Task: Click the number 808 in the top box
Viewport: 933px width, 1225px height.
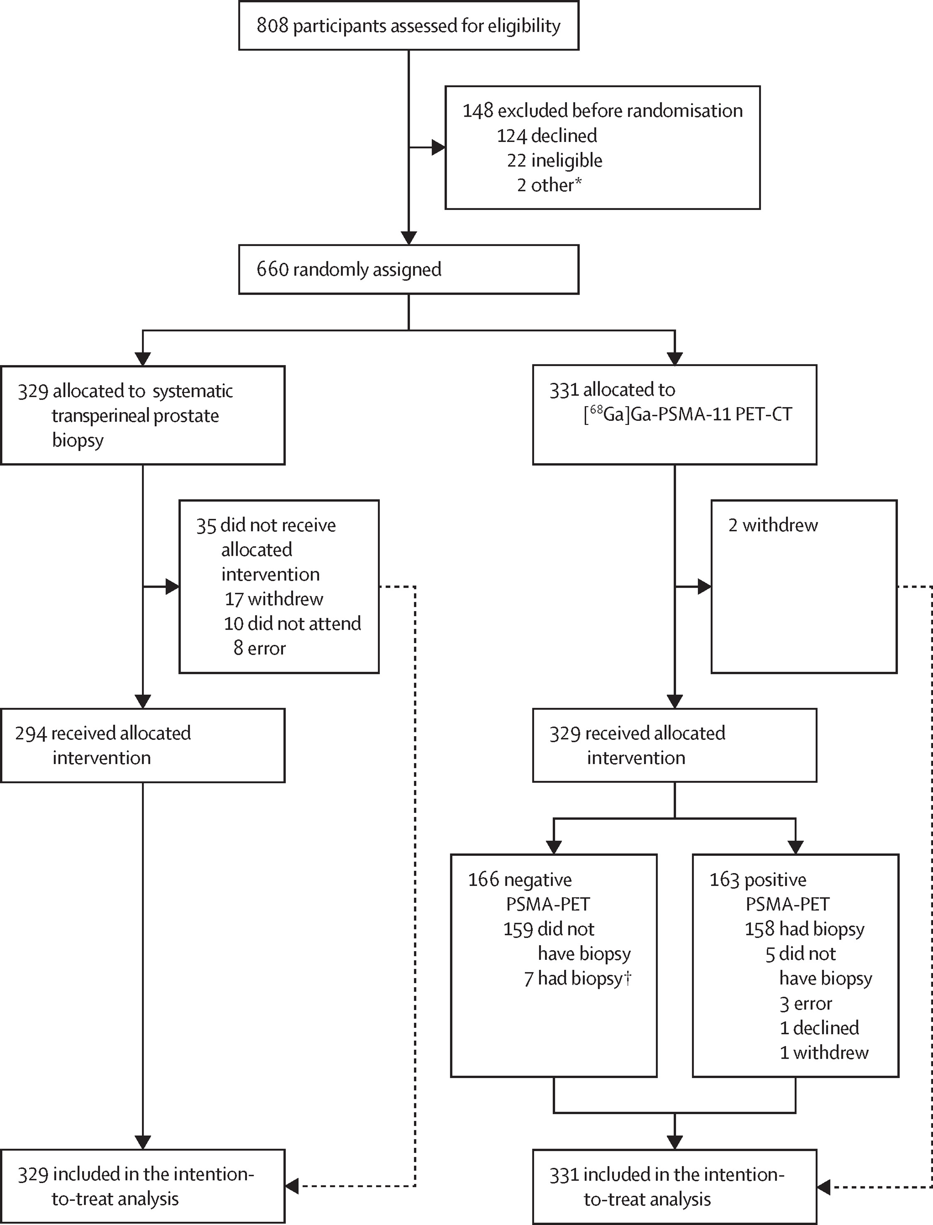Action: tap(272, 26)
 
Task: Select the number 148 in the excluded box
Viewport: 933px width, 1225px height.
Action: tap(478, 110)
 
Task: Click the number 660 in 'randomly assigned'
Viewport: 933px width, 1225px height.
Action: tap(272, 269)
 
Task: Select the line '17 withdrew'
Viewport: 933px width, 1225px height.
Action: tap(274, 599)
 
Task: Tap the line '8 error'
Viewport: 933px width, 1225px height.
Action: tap(259, 648)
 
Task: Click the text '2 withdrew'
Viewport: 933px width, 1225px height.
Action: tap(773, 525)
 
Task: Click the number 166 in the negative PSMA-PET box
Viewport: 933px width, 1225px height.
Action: tap(484, 880)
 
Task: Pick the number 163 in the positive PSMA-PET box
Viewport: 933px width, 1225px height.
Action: tap(725, 880)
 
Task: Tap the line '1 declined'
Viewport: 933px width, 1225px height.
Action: tap(819, 1028)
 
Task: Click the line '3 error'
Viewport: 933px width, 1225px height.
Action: tap(806, 1003)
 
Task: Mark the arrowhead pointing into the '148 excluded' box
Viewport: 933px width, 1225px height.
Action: tap(439, 148)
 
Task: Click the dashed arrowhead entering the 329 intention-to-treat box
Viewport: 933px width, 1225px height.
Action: tap(292, 1186)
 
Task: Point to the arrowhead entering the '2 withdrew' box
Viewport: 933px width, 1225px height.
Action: tap(705, 586)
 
